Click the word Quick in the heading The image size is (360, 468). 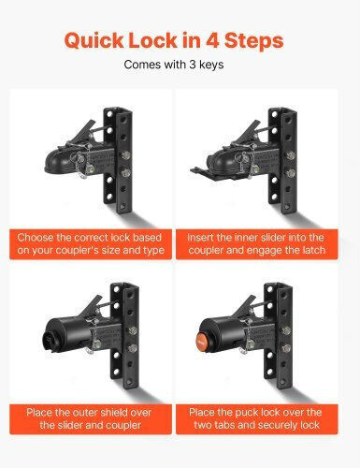tap(94, 41)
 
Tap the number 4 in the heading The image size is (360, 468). tap(211, 40)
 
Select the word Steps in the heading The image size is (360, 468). tap(253, 41)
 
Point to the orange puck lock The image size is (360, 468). tap(202, 341)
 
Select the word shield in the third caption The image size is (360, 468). tap(103, 413)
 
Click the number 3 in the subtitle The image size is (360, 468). tap(193, 65)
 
